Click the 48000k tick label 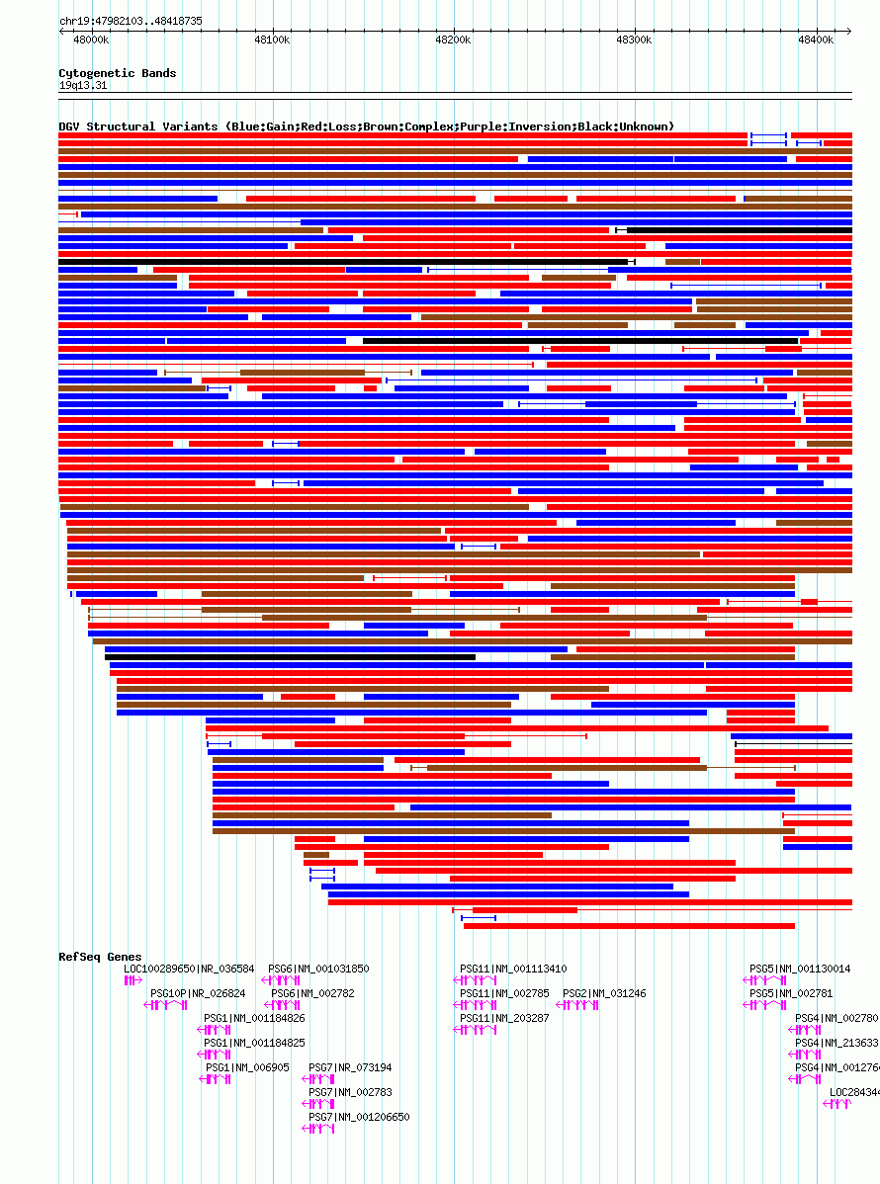click(x=91, y=40)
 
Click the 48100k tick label click(x=272, y=40)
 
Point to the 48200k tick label click(x=453, y=40)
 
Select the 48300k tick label click(x=634, y=40)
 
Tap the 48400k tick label click(x=816, y=40)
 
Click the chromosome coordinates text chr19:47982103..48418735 click(x=131, y=20)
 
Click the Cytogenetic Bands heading click(x=117, y=73)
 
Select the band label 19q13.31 click(x=83, y=85)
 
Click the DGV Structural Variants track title click(x=366, y=127)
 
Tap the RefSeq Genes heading click(x=100, y=957)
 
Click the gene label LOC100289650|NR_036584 click(x=189, y=969)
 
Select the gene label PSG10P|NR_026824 click(x=198, y=993)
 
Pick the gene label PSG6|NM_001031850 click(x=318, y=969)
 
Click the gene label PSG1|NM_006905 click(x=247, y=1067)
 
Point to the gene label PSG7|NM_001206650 click(x=359, y=1117)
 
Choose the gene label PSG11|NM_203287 click(x=504, y=1018)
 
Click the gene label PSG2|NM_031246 click(x=604, y=993)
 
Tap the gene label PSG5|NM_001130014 click(x=800, y=969)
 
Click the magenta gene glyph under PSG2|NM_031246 click(x=577, y=1005)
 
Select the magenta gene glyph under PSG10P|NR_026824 click(x=165, y=1005)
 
